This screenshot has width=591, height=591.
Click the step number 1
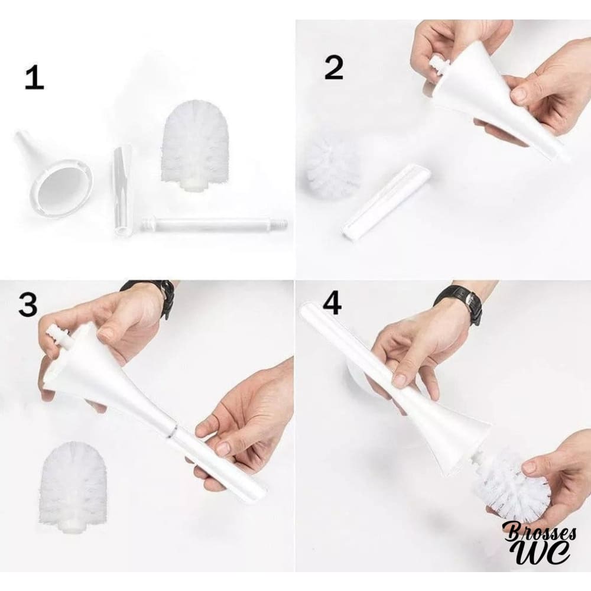(34, 78)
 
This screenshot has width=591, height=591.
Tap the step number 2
(334, 67)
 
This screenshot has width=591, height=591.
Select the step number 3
(28, 304)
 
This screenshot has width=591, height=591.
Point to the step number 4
(332, 303)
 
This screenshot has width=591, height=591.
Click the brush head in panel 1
(195, 145)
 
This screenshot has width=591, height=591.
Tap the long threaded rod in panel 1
(215, 224)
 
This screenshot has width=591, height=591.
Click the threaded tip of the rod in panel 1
(282, 223)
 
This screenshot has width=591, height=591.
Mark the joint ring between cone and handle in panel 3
(172, 430)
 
